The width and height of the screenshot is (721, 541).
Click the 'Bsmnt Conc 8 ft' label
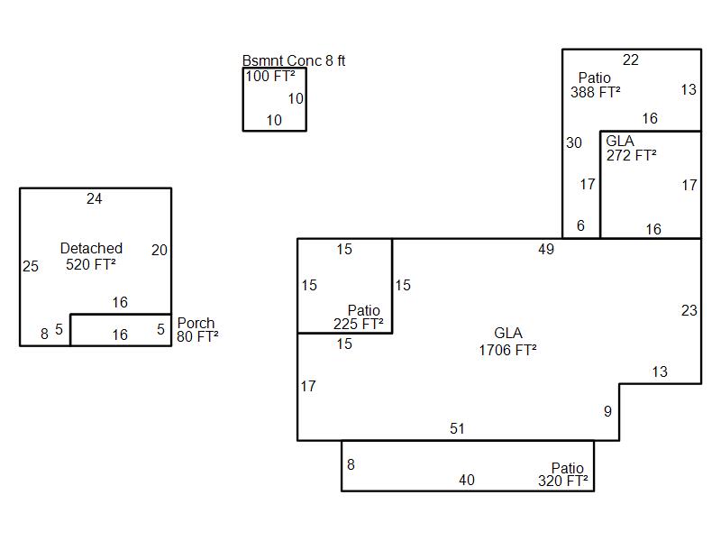294,61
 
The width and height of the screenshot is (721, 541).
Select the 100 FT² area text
270,77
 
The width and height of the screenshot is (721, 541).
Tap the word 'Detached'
91,249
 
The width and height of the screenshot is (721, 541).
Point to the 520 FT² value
91,264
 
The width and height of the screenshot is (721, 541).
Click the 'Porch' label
196,324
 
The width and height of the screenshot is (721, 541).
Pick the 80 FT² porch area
197,337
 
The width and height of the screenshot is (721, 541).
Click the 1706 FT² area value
508,350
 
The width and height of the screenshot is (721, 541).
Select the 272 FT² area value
631,155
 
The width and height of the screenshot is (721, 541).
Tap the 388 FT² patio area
595,92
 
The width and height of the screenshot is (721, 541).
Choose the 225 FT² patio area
359,324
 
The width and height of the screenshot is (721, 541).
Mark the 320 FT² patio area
563,481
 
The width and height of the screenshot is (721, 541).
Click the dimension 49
546,250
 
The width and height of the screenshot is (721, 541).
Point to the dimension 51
457,429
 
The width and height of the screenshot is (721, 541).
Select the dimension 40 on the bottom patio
466,481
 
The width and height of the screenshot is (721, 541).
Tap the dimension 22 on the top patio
631,60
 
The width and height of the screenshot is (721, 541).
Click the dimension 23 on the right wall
689,311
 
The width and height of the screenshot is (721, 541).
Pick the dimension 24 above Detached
95,199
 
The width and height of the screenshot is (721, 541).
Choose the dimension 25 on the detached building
31,267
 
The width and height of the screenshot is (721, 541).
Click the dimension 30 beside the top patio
574,143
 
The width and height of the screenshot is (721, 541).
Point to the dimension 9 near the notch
607,412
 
